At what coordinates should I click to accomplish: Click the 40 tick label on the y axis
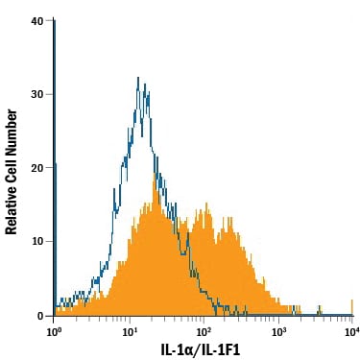pos(37,21)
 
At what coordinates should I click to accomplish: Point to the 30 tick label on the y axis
pos(37,94)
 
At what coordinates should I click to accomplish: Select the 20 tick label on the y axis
pos(37,167)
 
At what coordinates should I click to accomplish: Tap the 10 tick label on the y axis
pos(37,241)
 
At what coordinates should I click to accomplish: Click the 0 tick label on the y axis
pos(40,316)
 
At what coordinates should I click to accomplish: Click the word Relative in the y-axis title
pos(11,208)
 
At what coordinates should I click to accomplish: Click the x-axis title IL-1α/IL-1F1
pos(201,350)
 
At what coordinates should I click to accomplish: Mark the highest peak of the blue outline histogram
pos(138,78)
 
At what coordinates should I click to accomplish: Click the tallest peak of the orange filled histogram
pos(155,175)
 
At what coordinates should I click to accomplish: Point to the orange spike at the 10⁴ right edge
pos(352,307)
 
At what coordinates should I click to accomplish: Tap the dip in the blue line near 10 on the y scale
pos(182,253)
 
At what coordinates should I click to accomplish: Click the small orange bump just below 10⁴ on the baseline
pos(320,310)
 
